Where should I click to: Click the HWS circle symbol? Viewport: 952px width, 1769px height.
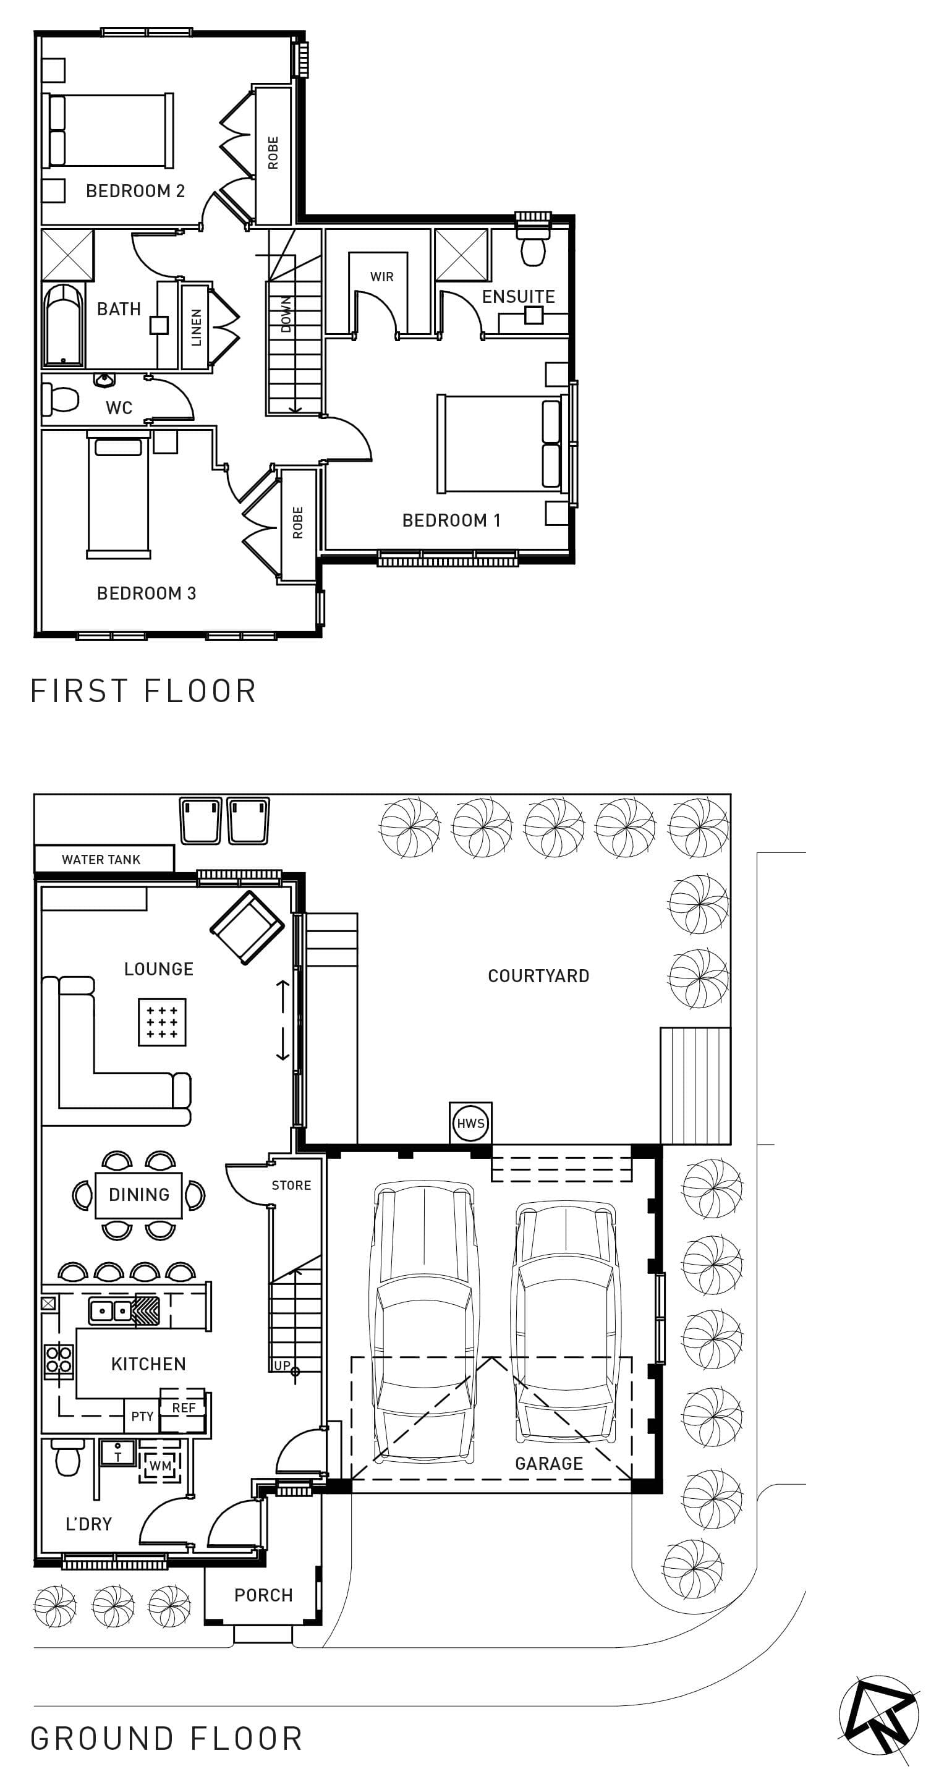pyautogui.click(x=470, y=1124)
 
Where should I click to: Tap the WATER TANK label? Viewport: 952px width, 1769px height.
pyautogui.click(x=101, y=859)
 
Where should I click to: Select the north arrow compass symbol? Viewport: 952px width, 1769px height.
pyautogui.click(x=879, y=1715)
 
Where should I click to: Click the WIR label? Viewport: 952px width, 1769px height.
pyautogui.click(x=382, y=277)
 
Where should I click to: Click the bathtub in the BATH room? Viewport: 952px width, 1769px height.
pyautogui.click(x=63, y=326)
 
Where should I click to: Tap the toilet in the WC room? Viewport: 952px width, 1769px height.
pyautogui.click(x=60, y=399)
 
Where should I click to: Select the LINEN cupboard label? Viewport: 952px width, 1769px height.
pyautogui.click(x=197, y=327)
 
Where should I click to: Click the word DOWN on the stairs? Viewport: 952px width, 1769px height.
pyautogui.click(x=286, y=314)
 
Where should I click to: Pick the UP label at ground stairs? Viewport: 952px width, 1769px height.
pyautogui.click(x=283, y=1365)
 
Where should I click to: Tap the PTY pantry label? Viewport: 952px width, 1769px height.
pyautogui.click(x=142, y=1416)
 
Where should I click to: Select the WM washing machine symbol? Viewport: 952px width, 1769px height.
pyautogui.click(x=161, y=1466)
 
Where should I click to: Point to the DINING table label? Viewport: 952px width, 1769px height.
pyautogui.click(x=138, y=1194)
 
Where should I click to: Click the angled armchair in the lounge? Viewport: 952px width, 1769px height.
pyautogui.click(x=247, y=927)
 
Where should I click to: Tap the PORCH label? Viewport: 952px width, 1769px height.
pyautogui.click(x=264, y=1595)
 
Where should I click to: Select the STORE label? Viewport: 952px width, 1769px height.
pyautogui.click(x=291, y=1186)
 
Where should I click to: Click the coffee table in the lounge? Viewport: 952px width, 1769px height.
pyautogui.click(x=162, y=1022)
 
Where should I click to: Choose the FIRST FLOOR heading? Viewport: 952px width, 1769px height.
pyautogui.click(x=143, y=691)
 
